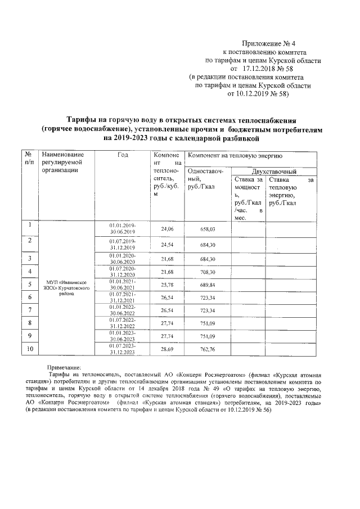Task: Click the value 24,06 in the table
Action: click(x=168, y=229)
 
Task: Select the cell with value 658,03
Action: click(x=208, y=229)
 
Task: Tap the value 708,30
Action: click(x=208, y=272)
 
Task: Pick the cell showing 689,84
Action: click(x=208, y=286)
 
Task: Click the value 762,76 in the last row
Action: click(x=208, y=350)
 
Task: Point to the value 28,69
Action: click(x=168, y=350)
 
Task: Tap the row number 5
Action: click(x=29, y=285)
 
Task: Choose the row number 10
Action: click(x=29, y=349)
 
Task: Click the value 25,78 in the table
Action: click(x=168, y=286)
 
